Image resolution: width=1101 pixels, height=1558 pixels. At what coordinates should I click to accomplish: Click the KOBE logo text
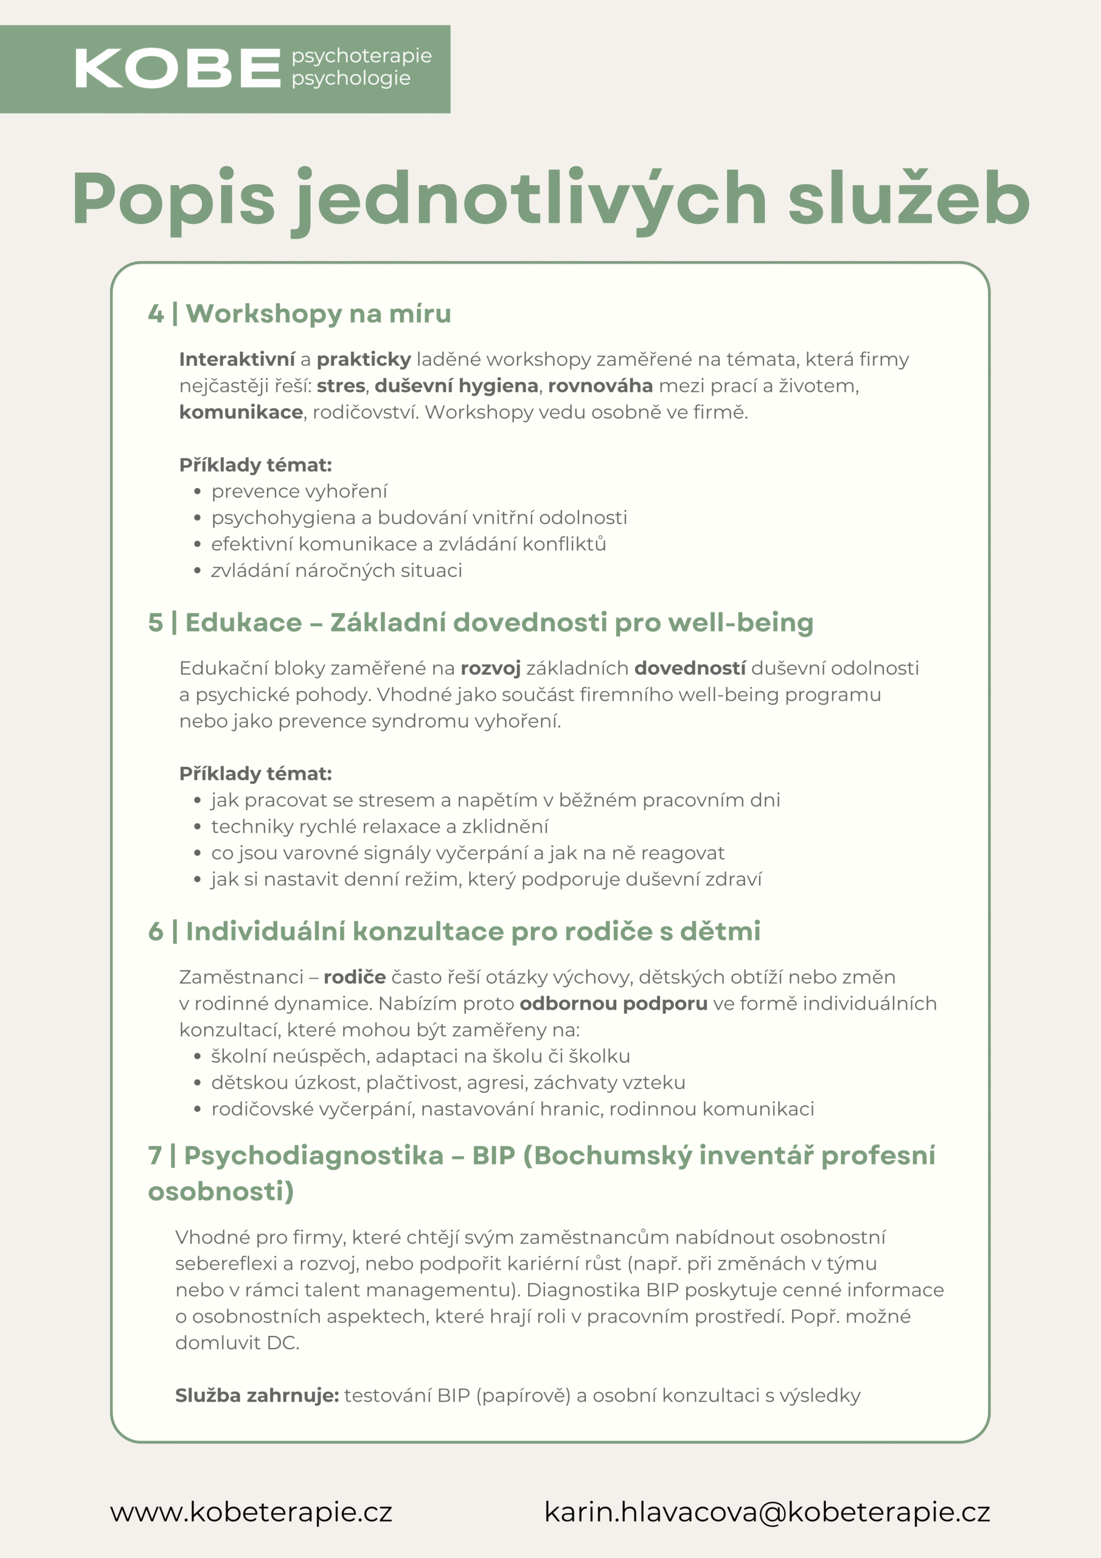[x=177, y=69]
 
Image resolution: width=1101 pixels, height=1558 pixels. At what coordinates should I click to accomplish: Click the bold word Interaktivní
[x=237, y=359]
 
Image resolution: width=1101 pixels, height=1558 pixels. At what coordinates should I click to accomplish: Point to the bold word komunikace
[x=240, y=412]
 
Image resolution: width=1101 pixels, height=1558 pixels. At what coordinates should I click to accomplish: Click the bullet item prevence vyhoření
[x=299, y=491]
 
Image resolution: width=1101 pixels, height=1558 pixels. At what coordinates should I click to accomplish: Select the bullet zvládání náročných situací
[x=336, y=571]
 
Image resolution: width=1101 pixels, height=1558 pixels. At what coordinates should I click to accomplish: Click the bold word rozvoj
[x=490, y=668]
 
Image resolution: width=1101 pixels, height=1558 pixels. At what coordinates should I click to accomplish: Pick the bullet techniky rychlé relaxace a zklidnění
[x=379, y=826]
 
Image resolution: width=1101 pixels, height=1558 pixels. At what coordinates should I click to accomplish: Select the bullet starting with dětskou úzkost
[x=448, y=1082]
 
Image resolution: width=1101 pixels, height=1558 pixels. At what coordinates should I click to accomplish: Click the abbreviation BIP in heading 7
[x=493, y=1155]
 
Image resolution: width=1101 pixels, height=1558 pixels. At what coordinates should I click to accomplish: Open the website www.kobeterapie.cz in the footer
[x=251, y=1512]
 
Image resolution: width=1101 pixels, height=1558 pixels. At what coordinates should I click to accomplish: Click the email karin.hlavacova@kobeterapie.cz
[x=766, y=1512]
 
